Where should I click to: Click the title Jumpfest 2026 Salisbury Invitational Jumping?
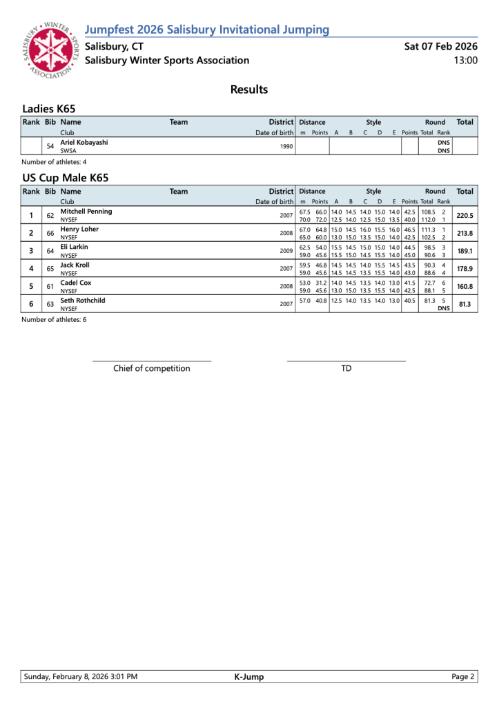point(206,30)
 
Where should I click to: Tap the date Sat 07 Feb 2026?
point(440,46)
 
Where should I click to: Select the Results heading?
point(248,90)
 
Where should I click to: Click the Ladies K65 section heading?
point(48,109)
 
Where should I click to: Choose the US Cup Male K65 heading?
point(65,178)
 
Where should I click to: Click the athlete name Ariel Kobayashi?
point(84,142)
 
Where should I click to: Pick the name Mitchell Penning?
point(86,211)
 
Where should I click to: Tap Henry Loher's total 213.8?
point(465,233)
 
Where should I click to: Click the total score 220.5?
point(465,215)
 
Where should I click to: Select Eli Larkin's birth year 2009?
point(286,251)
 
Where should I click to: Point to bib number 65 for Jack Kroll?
point(50,269)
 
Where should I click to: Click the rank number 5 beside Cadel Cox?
point(31,287)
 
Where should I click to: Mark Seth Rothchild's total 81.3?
point(465,305)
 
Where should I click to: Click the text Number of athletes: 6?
point(54,320)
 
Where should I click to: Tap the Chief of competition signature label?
point(152,368)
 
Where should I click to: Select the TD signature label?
point(346,368)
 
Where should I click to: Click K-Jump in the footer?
point(249,677)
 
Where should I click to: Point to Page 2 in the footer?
point(463,677)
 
